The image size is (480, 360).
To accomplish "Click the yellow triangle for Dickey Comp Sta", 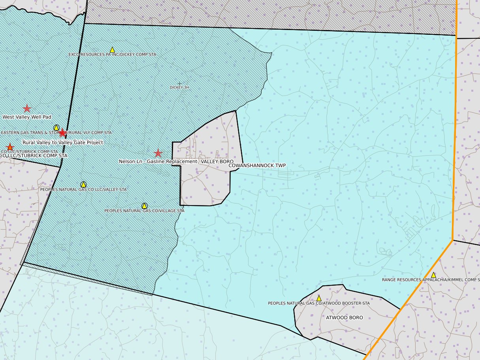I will click(x=112, y=50).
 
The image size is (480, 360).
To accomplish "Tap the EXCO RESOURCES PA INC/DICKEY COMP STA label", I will click(x=113, y=55).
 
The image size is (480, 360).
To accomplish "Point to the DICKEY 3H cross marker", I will click(x=180, y=84).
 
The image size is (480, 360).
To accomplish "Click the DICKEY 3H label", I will click(x=180, y=88).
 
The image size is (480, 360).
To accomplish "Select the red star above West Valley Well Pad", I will click(x=27, y=108).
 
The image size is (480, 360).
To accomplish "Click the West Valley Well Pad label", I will click(x=27, y=117).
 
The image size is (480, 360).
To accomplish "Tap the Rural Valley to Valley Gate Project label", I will click(x=63, y=142).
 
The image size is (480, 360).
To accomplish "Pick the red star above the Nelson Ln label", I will click(x=158, y=153).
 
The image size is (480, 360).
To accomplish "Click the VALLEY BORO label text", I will click(x=217, y=162).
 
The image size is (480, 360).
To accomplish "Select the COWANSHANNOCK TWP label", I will click(x=257, y=166).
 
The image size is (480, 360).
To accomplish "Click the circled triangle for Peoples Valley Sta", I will click(x=83, y=185).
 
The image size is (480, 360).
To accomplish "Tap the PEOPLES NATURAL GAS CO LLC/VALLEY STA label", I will click(x=83, y=190).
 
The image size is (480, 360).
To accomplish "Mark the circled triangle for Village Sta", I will click(x=145, y=206).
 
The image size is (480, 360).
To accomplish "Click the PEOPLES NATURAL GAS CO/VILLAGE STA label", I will click(x=145, y=211).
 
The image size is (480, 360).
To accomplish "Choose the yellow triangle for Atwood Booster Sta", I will click(x=319, y=298).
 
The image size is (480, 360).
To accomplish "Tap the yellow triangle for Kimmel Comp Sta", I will click(x=433, y=275).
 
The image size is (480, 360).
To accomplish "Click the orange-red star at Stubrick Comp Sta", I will click(x=10, y=147).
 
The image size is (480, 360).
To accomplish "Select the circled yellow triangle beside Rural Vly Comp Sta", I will click(x=56, y=128).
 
